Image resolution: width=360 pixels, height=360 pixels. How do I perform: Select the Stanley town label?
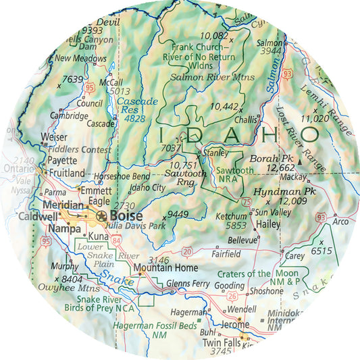tap(215, 153)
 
